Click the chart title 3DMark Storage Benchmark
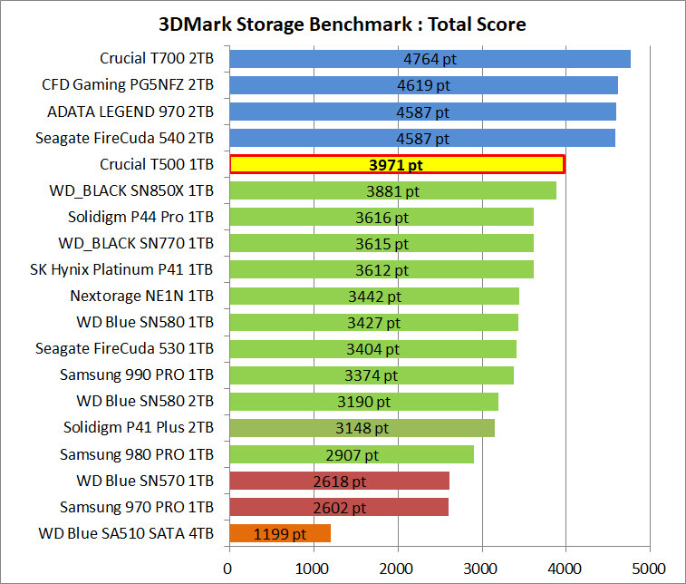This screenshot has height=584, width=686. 343,24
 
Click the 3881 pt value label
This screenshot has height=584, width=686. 392,191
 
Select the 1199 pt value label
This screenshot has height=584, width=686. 281,533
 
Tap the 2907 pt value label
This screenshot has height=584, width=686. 352,454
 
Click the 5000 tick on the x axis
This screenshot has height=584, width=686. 649,569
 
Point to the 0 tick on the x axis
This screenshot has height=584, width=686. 228,569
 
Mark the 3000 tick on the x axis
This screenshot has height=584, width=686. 481,569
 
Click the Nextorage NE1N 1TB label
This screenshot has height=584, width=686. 141,296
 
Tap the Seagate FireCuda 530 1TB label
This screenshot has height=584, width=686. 124,348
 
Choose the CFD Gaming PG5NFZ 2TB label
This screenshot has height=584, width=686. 128,85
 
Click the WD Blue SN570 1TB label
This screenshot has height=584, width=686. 145,480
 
